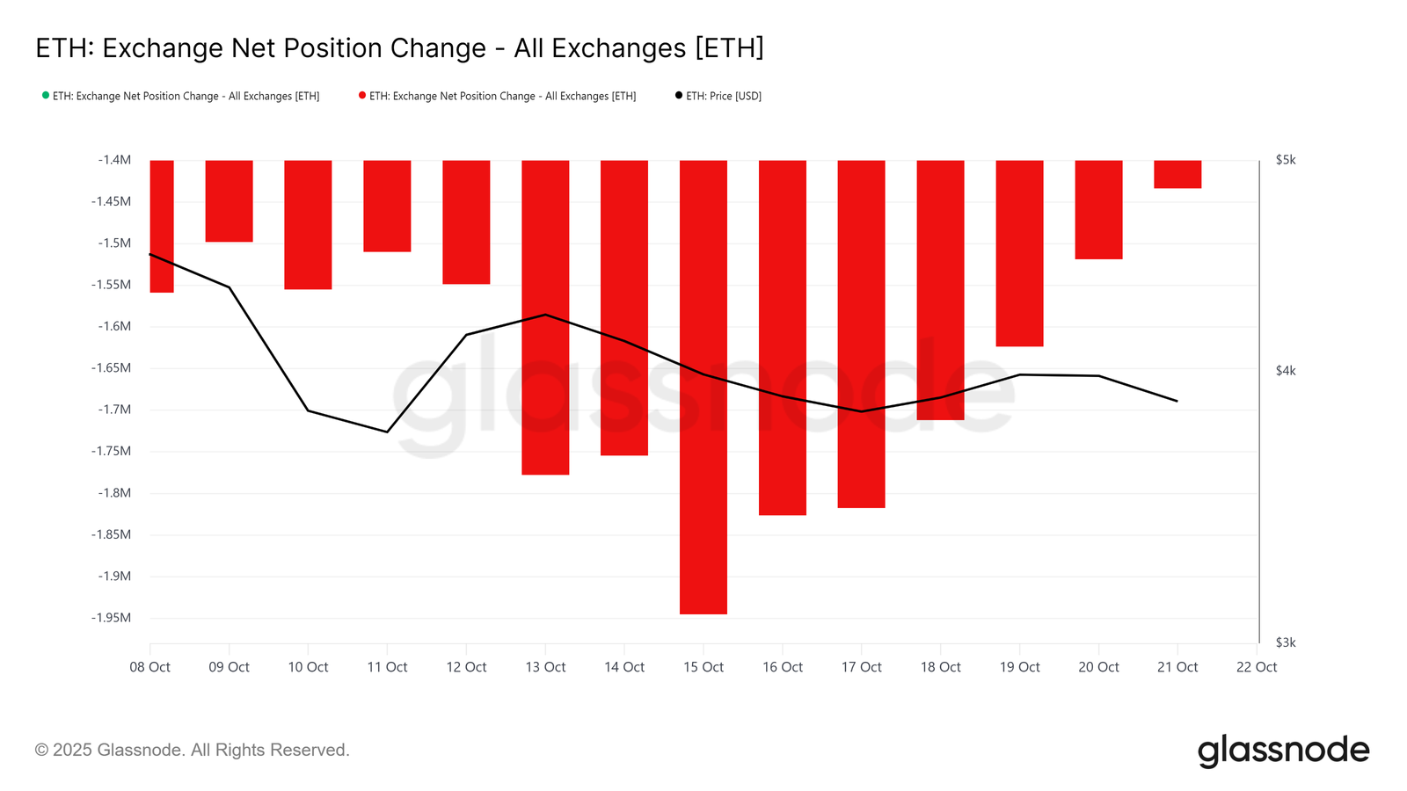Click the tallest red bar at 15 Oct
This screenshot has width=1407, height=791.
coord(703,387)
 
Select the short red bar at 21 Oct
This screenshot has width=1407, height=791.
coord(1177,174)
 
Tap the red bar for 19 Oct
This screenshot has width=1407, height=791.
coord(1019,253)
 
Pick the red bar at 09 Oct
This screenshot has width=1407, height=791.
coord(229,201)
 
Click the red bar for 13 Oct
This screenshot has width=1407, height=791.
coord(545,316)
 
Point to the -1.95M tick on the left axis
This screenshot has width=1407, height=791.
coord(111,618)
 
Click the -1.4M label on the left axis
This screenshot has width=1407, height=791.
coord(114,160)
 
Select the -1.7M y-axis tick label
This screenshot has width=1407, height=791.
coord(114,410)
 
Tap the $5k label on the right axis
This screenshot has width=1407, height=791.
coord(1286,160)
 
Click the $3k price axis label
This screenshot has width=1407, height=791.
coord(1286,642)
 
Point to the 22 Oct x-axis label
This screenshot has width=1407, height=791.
coord(1256,667)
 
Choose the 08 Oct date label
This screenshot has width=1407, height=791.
coord(150,667)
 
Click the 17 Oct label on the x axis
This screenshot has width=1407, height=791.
coord(861,667)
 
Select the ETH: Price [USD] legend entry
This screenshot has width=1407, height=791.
coord(723,96)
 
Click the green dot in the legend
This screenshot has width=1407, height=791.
coord(46,95)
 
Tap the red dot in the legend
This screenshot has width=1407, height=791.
coord(362,95)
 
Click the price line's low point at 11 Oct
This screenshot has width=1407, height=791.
coord(387,432)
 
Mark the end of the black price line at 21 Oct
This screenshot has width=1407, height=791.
coord(1177,401)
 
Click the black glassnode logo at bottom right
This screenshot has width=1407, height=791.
coord(1283,751)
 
